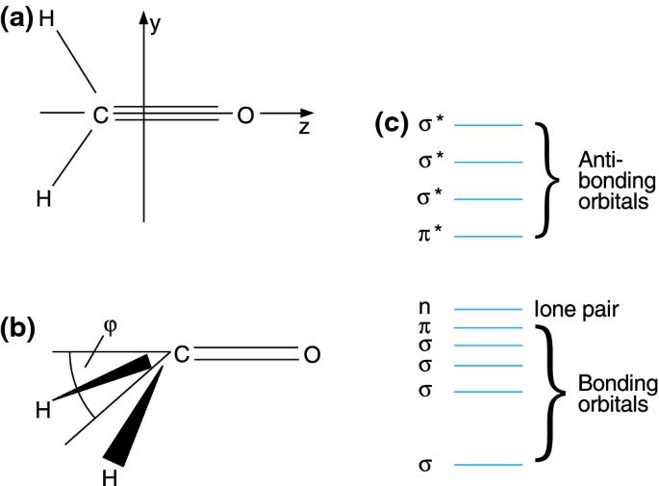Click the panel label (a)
coord(18,16)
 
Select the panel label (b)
coord(18,330)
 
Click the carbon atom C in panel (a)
coord(100,115)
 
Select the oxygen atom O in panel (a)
coord(244,115)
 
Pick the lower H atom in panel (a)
coord(43,199)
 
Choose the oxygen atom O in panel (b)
coord(311,355)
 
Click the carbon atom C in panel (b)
coord(181,355)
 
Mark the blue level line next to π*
coord(488,236)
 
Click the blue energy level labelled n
coord(488,310)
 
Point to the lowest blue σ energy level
coord(488,465)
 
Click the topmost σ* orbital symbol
coord(428,125)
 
